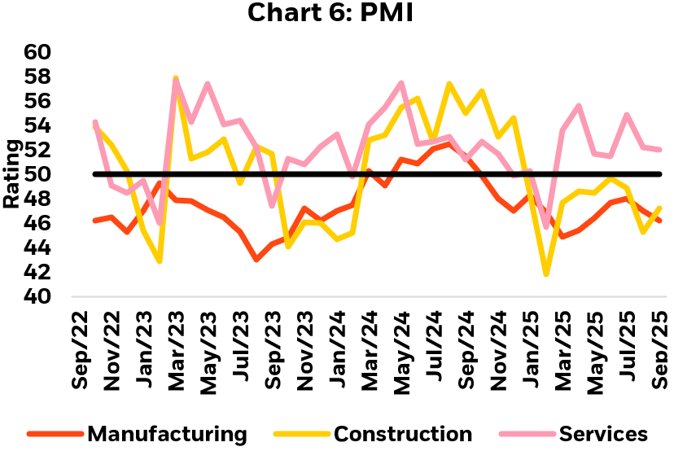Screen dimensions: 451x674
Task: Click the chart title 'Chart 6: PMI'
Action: click(x=337, y=14)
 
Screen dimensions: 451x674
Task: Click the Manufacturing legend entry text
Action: click(x=167, y=434)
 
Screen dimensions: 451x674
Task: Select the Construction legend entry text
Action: click(x=403, y=434)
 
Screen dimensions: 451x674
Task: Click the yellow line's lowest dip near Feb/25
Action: click(x=546, y=274)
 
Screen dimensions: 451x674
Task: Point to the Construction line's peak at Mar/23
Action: click(x=175, y=79)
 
